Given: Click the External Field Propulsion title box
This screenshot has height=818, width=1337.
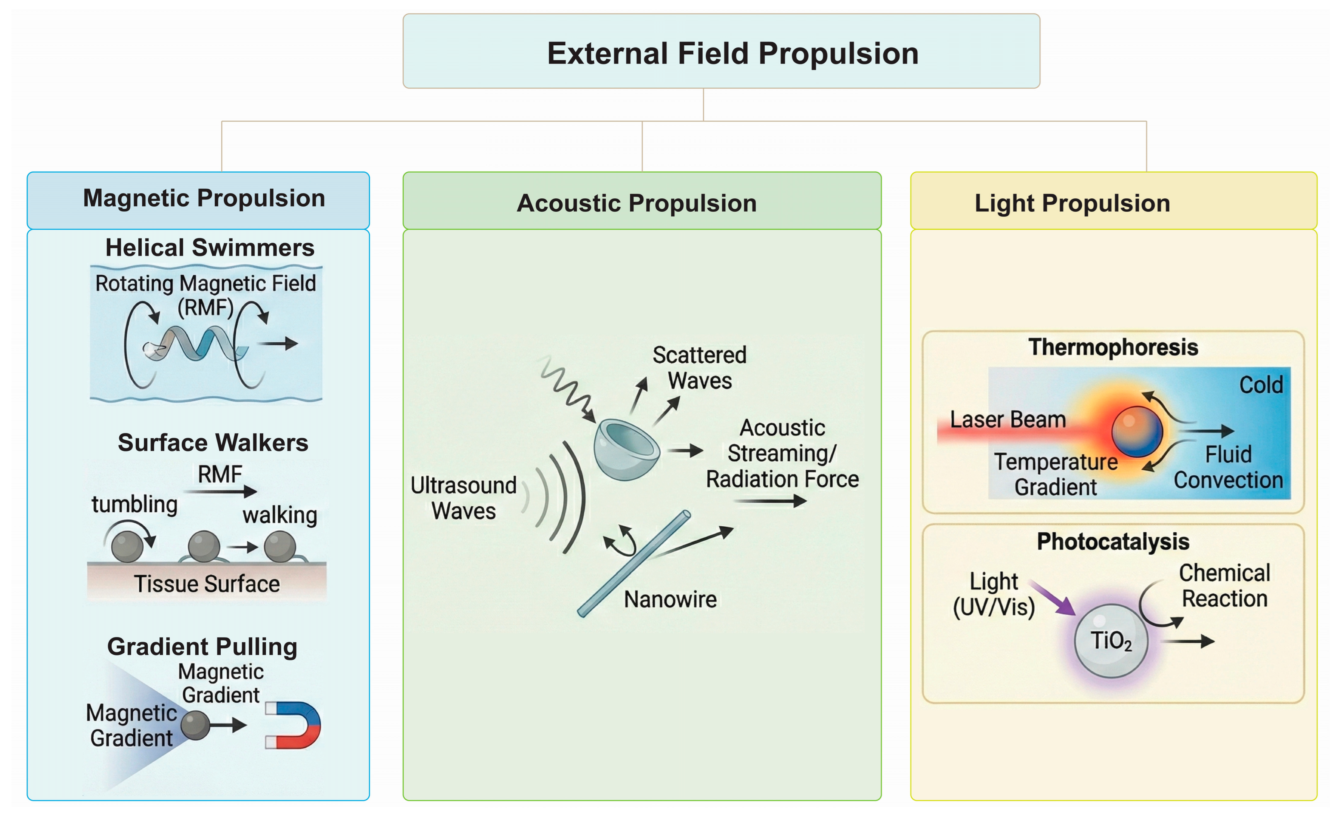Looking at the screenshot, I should pyautogui.click(x=721, y=51).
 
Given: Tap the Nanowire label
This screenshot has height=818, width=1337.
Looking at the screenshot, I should pyautogui.click(x=670, y=600).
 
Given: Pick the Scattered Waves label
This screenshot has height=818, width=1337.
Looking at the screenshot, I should pyautogui.click(x=699, y=368).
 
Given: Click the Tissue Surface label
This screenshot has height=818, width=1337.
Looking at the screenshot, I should pyautogui.click(x=207, y=584).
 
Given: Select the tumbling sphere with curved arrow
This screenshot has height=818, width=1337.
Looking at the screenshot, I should pyautogui.click(x=128, y=545).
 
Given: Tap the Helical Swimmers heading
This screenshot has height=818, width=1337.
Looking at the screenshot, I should pyautogui.click(x=209, y=248).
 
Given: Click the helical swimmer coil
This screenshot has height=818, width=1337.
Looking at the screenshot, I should pyautogui.click(x=198, y=343).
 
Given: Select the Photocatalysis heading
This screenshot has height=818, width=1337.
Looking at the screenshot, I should pyautogui.click(x=1113, y=542).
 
